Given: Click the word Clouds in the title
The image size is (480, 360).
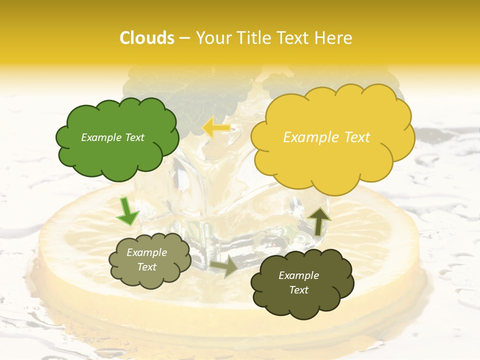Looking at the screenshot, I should (147, 38).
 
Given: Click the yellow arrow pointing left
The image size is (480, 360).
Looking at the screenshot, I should (216, 128).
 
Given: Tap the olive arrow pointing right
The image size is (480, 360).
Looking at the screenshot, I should (224, 267).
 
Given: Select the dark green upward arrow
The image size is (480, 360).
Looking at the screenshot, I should (318, 220).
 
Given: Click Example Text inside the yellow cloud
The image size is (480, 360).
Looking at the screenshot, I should (326, 137).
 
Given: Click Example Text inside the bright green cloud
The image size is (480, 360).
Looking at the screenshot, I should (112, 137).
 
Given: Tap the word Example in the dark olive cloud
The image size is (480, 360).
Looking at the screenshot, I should (298, 275).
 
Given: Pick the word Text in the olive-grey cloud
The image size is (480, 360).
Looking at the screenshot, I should (146, 267).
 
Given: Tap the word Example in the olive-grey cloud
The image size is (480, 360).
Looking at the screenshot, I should (146, 252).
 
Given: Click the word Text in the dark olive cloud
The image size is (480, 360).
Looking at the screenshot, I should (298, 290).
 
